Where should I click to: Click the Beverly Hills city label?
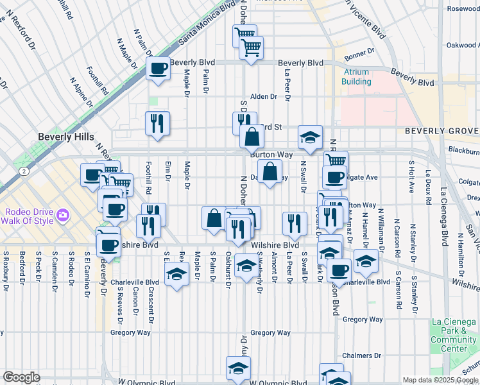point(66,137)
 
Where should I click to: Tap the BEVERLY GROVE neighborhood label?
point(441,131)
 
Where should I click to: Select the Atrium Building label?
point(356,77)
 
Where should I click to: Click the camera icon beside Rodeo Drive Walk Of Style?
point(63,214)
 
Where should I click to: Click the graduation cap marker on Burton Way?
point(310,137)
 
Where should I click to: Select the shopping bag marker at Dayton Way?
point(270,172)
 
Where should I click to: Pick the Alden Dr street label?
point(263,96)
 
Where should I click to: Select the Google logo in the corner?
point(21,377)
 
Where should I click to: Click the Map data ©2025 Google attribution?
point(440,380)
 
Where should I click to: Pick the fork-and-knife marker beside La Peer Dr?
point(295,223)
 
